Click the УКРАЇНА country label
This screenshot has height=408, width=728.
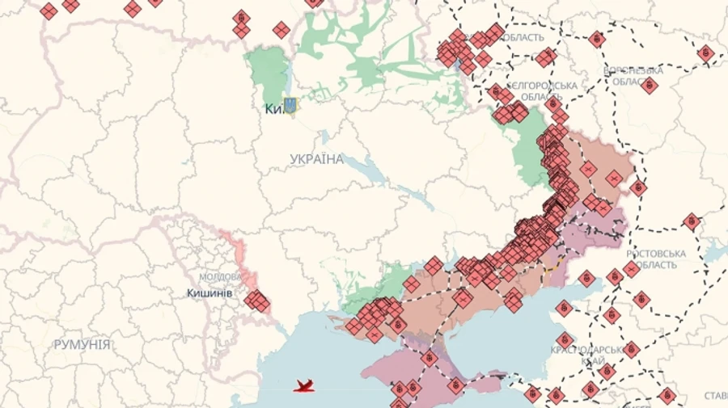[x=316, y=159]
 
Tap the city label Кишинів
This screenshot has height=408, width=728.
[x=210, y=293]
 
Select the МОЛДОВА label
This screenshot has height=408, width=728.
[x=220, y=276]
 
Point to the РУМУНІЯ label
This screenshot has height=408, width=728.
[x=82, y=344]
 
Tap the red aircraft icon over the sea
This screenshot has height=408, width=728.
[x=304, y=386]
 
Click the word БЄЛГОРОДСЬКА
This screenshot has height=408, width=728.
[x=543, y=86]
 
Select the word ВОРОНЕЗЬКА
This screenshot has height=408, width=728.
[x=633, y=70]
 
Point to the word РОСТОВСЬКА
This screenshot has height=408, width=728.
[x=655, y=254]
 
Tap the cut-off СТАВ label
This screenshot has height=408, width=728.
[x=715, y=396]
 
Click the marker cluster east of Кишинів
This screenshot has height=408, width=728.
[x=256, y=301]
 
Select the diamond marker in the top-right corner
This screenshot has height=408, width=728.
[x=705, y=53]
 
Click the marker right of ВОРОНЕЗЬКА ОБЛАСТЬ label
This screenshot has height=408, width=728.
[x=648, y=84]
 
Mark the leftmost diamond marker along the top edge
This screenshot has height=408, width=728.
[x=49, y=11]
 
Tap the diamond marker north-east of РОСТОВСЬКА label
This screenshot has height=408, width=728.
[x=691, y=221]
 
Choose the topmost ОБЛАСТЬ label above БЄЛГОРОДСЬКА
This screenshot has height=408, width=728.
[x=523, y=38]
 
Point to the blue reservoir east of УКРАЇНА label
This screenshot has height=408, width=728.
[x=373, y=171]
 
